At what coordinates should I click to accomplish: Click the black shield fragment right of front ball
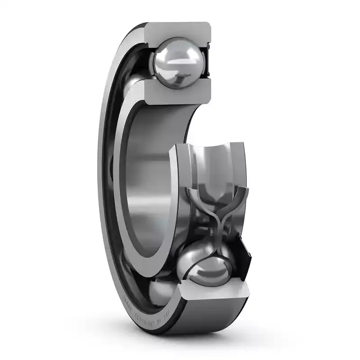tap(245, 261)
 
